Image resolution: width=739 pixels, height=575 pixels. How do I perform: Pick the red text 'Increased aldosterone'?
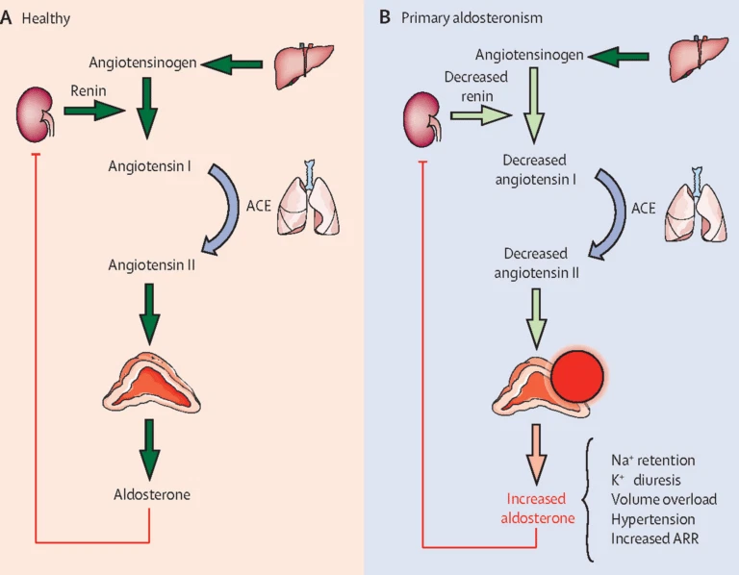(541, 509)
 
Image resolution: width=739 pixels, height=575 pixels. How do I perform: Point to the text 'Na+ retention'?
(652, 462)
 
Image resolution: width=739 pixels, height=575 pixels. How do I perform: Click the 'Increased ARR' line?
(655, 537)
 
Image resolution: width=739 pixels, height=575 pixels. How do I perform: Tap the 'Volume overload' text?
(663, 499)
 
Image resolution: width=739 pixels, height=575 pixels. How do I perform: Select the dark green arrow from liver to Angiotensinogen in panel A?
(236, 64)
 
